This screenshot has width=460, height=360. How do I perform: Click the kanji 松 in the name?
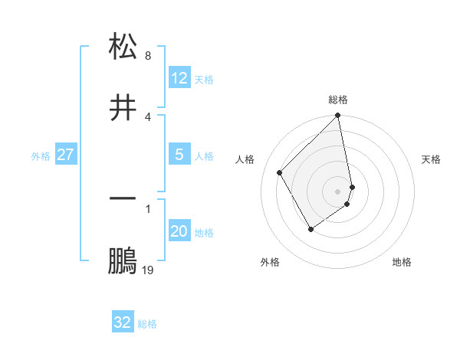(123, 47)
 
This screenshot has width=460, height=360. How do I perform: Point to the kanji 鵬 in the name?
(123, 260)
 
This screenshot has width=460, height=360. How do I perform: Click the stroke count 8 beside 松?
(147, 56)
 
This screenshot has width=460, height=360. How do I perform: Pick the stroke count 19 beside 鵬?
(148, 270)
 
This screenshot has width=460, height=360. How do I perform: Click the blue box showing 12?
(179, 78)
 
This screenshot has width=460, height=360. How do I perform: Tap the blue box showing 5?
(179, 155)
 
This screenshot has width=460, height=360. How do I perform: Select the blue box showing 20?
(179, 231)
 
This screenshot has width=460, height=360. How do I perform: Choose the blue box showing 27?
(66, 155)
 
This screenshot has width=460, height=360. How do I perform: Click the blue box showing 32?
(123, 322)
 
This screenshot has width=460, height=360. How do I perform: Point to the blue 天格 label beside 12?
(204, 80)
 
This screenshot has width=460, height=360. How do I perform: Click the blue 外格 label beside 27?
(41, 156)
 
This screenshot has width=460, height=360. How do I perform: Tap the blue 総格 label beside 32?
(148, 324)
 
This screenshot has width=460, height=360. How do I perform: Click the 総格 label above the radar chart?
(338, 100)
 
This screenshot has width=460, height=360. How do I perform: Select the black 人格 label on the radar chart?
(245, 159)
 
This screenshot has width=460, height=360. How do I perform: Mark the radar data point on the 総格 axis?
(338, 116)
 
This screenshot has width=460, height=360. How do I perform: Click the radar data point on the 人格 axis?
(280, 172)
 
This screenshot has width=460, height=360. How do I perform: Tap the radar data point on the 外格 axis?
(310, 229)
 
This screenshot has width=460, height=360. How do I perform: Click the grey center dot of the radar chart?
(338, 191)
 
